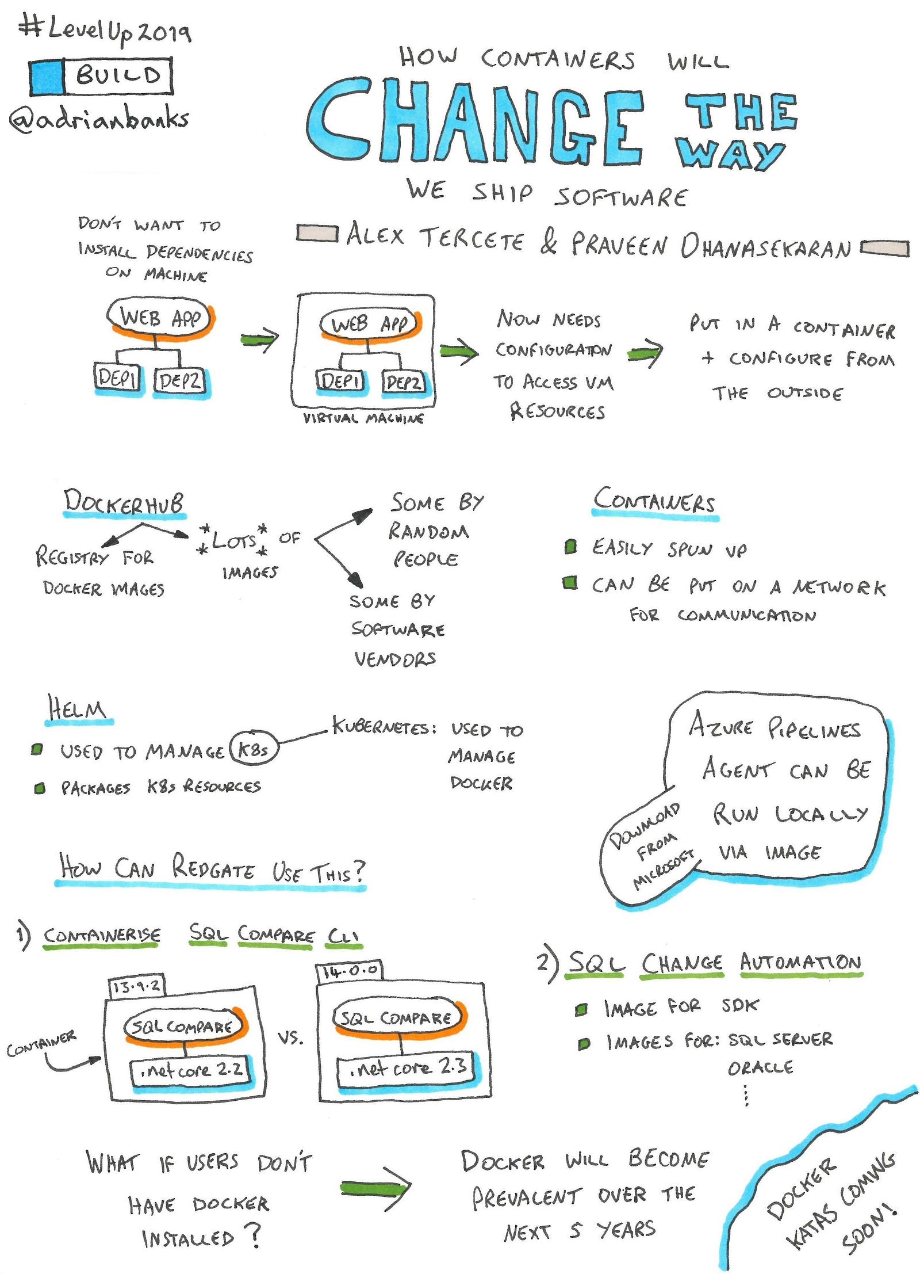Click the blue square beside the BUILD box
pos(47,77)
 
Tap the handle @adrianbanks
pos(99,119)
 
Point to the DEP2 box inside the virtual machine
pos(404,382)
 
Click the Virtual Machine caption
pos(363,418)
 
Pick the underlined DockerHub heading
pos(124,502)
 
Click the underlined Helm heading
pos(78,708)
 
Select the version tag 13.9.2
pos(137,986)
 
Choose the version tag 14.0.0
pos(350,971)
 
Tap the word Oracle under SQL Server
pos(760,1068)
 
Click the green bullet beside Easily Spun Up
pos(570,546)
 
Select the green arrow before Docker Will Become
pos(375,1187)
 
